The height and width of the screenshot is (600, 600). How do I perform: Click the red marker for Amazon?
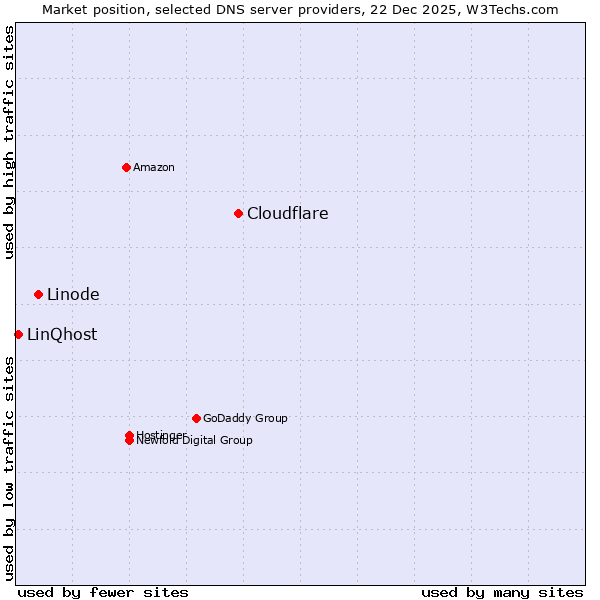point(126,167)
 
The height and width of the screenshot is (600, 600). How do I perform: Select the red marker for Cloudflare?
point(238,213)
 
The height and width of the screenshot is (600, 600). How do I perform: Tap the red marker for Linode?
point(38,294)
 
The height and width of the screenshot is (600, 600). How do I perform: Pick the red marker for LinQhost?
point(18,334)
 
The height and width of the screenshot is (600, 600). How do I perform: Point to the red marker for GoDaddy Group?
point(196,418)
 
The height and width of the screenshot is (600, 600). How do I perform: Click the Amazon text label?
point(154,167)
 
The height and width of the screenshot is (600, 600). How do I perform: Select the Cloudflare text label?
point(288,213)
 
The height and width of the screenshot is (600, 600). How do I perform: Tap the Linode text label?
point(73,294)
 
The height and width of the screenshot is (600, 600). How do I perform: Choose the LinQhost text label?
point(62,334)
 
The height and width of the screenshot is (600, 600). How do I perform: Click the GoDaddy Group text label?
point(245,418)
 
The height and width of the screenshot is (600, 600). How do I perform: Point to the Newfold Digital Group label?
point(195,441)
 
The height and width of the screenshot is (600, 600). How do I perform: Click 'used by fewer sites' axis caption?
point(103,592)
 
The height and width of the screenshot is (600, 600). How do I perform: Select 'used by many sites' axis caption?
point(502,592)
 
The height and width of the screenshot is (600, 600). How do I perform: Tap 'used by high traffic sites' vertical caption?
point(10,142)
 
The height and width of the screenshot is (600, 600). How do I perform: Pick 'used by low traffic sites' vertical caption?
point(10,468)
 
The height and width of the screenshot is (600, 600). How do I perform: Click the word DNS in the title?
point(233,9)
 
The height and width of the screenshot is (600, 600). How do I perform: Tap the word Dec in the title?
point(410,9)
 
